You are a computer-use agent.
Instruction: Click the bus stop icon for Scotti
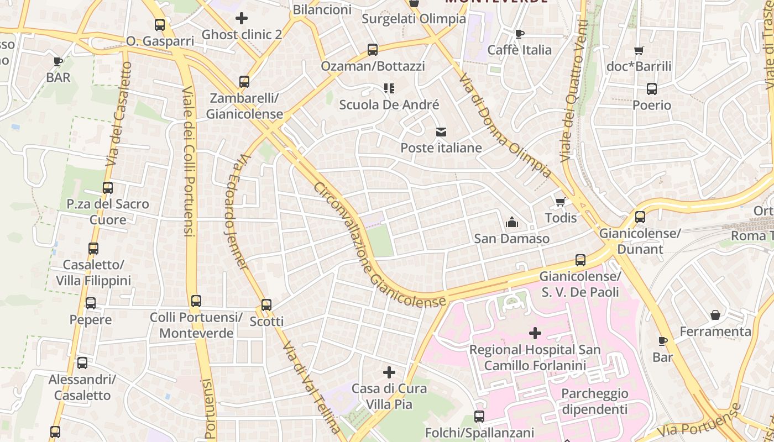[x=266, y=304]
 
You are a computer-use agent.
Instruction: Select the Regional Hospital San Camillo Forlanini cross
[x=535, y=333]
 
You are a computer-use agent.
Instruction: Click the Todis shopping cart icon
[x=561, y=202]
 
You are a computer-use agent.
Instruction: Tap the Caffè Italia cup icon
[x=519, y=34]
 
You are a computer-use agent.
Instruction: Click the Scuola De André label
[x=389, y=104]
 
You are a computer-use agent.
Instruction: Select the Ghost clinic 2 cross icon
[x=242, y=18]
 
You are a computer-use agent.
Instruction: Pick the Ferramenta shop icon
[x=715, y=315]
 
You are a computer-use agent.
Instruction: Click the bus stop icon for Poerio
[x=652, y=88]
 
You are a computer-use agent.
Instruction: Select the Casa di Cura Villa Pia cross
[x=389, y=372]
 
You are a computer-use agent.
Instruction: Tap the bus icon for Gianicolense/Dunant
[x=640, y=217]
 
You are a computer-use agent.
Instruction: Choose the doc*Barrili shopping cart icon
[x=639, y=50]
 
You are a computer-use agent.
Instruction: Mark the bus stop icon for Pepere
[x=91, y=303]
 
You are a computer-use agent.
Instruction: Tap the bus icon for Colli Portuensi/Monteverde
[x=196, y=301]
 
